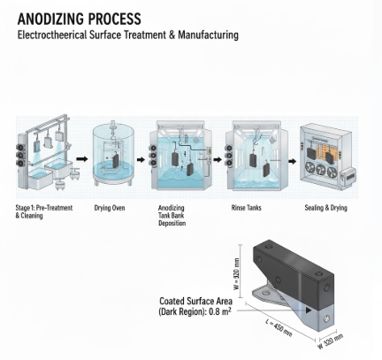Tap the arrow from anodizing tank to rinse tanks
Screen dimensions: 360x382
tap(216, 160)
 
